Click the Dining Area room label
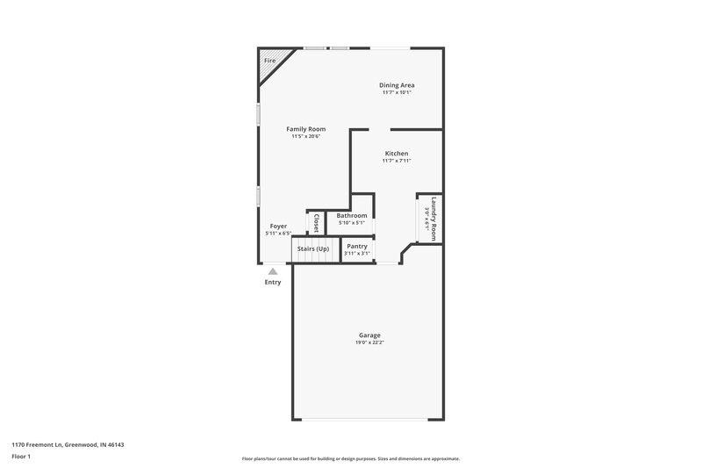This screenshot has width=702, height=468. [397, 85]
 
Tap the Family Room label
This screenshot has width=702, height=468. [306, 129]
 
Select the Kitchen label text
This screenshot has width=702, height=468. [397, 154]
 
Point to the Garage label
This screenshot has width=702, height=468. [369, 335]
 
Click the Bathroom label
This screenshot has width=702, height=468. [351, 215]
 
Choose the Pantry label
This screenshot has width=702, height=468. [356, 246]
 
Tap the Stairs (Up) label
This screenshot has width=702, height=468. [313, 248]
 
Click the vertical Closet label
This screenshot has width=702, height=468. [316, 221]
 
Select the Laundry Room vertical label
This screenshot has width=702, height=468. [433, 218]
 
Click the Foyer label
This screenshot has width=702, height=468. [278, 227]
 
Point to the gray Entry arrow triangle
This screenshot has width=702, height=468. [273, 271]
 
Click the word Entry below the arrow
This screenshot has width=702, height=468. [273, 282]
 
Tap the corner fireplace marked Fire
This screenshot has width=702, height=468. [269, 61]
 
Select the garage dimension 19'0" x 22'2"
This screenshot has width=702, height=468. [369, 342]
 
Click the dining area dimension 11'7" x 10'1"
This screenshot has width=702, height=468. [397, 92]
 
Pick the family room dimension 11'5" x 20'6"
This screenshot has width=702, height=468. [306, 136]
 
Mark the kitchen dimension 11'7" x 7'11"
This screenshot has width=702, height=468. [397, 161]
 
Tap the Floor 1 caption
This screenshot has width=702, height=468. [21, 457]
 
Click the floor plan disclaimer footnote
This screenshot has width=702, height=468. [350, 458]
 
